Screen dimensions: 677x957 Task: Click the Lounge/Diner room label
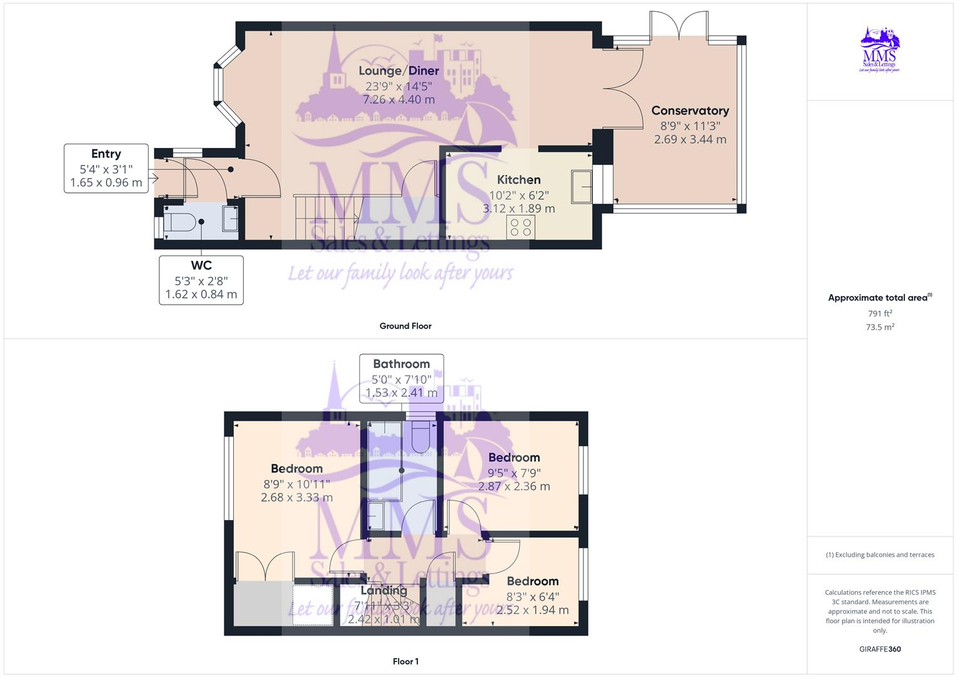[399, 71]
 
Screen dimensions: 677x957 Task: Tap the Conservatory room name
[690, 111]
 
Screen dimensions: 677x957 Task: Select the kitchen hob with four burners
[521, 227]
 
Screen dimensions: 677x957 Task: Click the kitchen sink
[582, 186]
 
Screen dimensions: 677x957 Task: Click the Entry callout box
[106, 168]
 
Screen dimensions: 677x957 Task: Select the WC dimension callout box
[201, 280]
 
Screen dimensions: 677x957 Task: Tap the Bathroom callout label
[401, 364]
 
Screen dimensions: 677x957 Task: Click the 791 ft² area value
[880, 313]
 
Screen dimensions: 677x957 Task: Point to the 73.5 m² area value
[880, 327]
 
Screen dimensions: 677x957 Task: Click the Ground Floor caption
[405, 326]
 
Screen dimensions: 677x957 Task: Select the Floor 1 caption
[405, 661]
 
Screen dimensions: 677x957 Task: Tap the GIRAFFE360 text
[880, 649]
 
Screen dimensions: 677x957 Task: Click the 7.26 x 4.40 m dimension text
[399, 100]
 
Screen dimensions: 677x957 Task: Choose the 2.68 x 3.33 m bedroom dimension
[296, 498]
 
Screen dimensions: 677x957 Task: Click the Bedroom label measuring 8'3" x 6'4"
[532, 581]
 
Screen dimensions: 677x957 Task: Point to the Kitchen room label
[519, 180]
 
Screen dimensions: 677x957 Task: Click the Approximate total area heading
[879, 298]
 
